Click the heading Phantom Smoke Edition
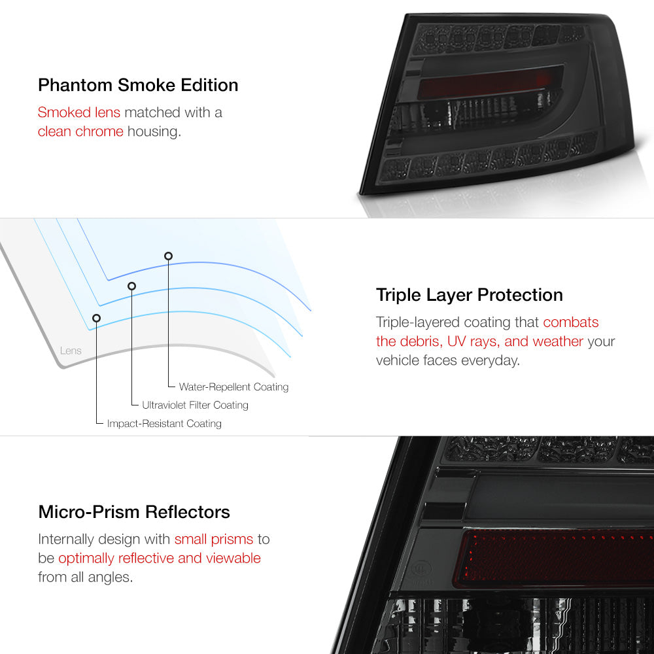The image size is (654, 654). click(x=138, y=85)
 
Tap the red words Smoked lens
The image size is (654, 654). click(x=79, y=112)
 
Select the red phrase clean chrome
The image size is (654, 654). click(x=80, y=131)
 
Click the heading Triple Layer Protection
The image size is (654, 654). click(x=469, y=296)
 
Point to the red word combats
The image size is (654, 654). click(x=570, y=322)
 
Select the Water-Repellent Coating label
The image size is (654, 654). click(x=233, y=387)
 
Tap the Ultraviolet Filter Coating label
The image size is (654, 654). click(x=195, y=405)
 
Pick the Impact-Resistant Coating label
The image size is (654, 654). click(x=164, y=424)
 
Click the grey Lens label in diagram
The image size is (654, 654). click(x=71, y=351)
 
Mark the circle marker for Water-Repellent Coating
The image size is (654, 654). click(x=168, y=256)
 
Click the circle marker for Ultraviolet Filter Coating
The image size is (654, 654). click(x=132, y=286)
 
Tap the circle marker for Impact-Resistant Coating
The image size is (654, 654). click(x=96, y=318)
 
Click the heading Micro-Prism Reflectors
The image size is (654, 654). click(x=134, y=512)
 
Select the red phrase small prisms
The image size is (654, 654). click(x=214, y=540)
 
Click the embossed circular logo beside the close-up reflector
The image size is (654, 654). click(x=422, y=568)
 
